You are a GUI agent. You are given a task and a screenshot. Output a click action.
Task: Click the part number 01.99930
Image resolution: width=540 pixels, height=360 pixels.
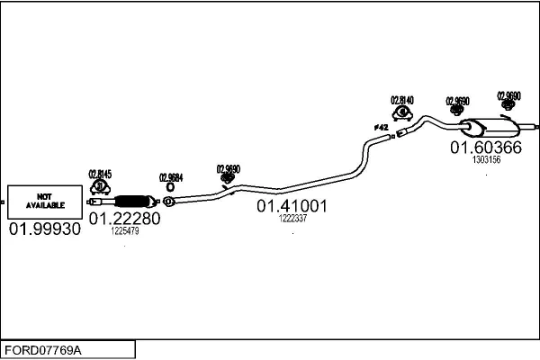tap(44, 229)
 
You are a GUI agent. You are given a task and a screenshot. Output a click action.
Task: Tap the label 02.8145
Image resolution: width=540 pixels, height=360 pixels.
tap(100, 174)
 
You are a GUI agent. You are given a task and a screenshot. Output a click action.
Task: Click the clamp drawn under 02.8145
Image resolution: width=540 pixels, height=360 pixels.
tap(101, 187)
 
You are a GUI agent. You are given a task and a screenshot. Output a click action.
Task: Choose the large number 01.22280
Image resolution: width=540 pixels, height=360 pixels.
tap(124, 218)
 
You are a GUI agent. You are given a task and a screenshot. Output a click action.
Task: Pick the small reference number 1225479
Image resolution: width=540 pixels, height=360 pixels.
tap(124, 231)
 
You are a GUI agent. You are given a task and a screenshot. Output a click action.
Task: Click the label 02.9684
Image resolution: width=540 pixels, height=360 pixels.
tap(171, 177)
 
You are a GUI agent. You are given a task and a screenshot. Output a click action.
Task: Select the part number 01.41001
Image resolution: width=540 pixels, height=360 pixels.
tap(292, 206)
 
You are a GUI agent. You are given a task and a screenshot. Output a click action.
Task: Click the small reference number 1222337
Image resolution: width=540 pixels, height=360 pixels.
tap(292, 219)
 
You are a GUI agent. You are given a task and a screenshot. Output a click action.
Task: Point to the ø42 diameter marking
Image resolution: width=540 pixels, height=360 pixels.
tap(382, 128)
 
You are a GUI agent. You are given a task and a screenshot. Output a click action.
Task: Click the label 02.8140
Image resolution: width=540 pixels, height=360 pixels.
tap(401, 100)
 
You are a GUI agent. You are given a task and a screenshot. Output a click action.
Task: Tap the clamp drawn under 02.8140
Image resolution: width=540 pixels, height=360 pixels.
tap(401, 112)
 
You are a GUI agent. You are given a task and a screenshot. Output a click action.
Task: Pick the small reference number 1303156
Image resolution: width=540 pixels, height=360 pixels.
tap(486, 159)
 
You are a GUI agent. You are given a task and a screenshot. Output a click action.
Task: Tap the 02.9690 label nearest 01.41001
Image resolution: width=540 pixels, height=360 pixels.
tap(229, 167)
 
